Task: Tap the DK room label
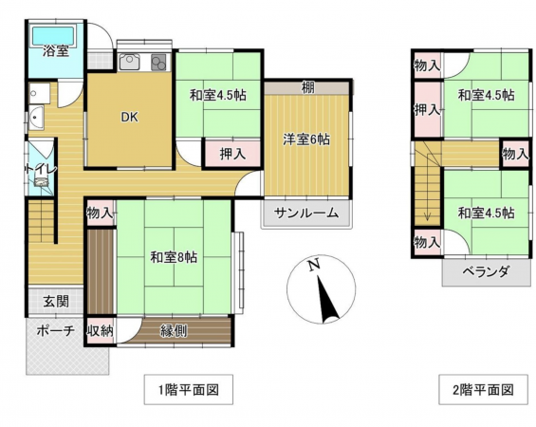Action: pos(128,118)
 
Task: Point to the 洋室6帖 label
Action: pos(306,139)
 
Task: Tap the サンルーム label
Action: pos(306,213)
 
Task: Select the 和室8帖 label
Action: pos(174,255)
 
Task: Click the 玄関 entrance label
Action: pos(54,302)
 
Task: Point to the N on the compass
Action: pos(313,267)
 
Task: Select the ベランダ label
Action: pos(487,271)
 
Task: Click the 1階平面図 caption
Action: pos(188,388)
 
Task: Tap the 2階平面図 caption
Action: pos(482,388)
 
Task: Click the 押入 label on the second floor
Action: pos(427,109)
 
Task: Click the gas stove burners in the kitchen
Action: pos(157,63)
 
